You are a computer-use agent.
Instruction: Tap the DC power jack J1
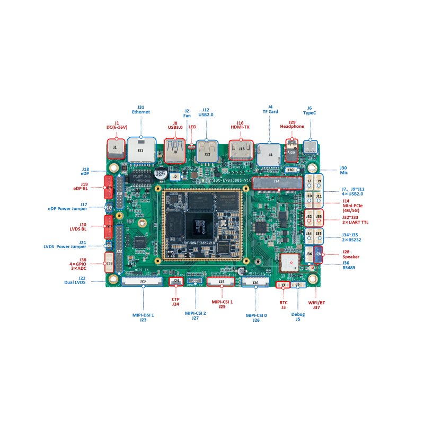[x=114, y=149]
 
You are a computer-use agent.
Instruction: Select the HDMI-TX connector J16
[x=241, y=149]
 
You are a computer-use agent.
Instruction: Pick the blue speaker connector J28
[x=318, y=255]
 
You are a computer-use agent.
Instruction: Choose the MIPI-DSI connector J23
[x=143, y=281]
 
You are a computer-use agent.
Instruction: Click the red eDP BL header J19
[x=109, y=187]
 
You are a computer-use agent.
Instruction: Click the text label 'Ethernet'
[x=140, y=112]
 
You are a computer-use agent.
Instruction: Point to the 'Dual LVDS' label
[x=74, y=282]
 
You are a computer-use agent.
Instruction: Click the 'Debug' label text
[x=298, y=314]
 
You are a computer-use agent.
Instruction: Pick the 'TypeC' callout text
[x=310, y=112]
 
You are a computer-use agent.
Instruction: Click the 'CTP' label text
[x=175, y=299]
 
